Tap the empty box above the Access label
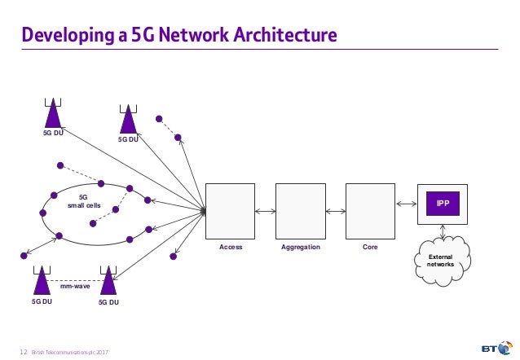click(230, 211)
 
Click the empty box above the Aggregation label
click(301, 211)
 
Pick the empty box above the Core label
click(370, 211)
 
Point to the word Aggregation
click(301, 247)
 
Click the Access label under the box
click(231, 247)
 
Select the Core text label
click(370, 247)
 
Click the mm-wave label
click(75, 287)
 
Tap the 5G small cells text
click(83, 201)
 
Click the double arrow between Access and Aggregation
click(265, 212)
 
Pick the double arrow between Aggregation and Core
click(335, 212)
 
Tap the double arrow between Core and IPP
click(406, 204)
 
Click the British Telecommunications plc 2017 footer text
click(70, 351)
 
